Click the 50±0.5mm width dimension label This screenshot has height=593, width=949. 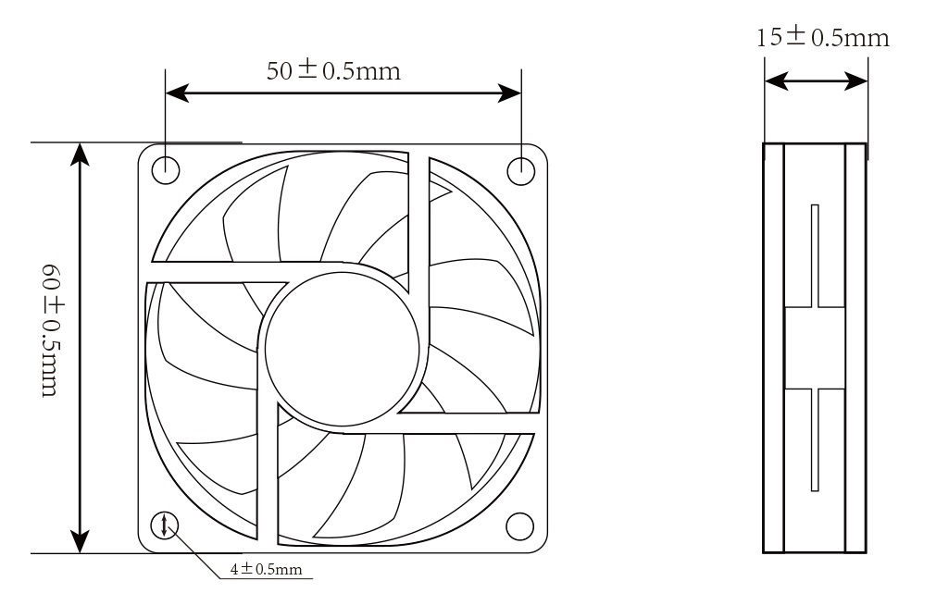(x=333, y=71)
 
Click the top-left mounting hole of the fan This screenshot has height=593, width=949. (x=166, y=168)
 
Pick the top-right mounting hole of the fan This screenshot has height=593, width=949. (x=520, y=168)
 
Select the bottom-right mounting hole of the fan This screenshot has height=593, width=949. (x=520, y=525)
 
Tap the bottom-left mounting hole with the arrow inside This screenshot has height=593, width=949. (x=166, y=525)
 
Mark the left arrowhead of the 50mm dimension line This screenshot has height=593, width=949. (x=177, y=93)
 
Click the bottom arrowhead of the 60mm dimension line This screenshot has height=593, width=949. (x=81, y=541)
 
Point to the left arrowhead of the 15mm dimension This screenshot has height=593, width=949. (x=774, y=82)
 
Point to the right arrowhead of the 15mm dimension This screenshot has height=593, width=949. (x=858, y=82)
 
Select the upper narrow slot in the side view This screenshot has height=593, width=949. (x=815, y=254)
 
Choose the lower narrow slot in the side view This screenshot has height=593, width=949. (x=815, y=439)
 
